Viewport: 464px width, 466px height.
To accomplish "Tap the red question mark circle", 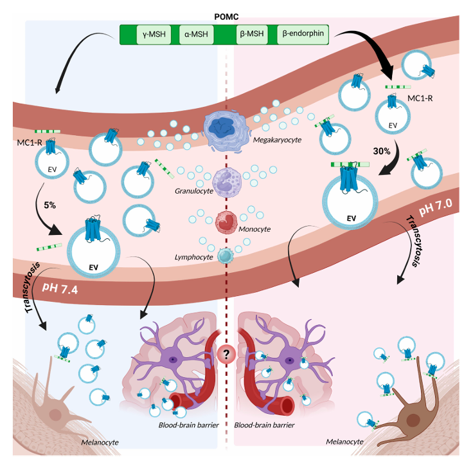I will click(226, 352).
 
